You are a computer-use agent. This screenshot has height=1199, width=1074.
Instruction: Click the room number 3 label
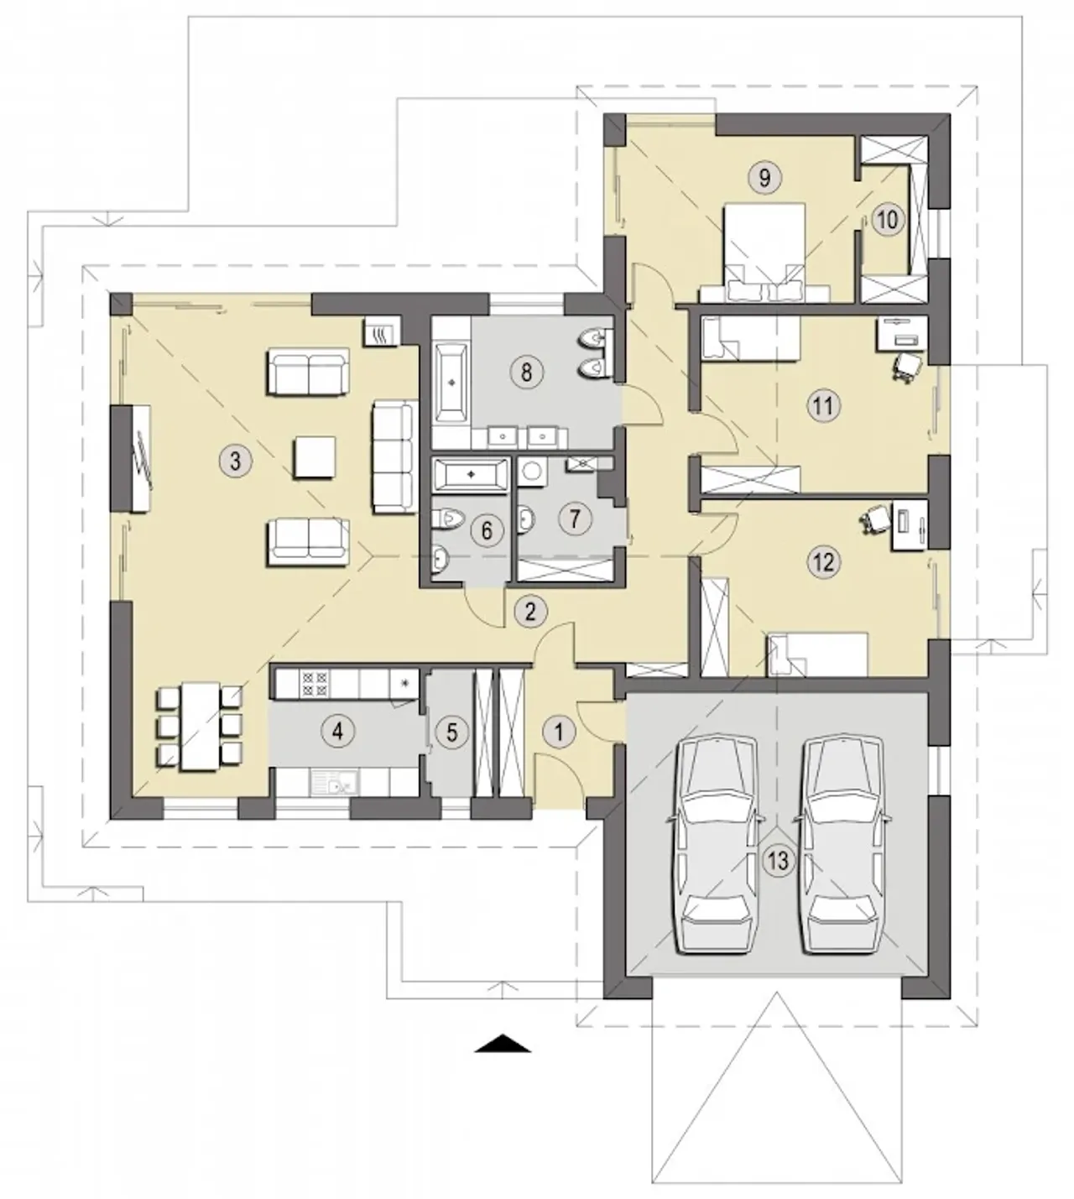point(236,460)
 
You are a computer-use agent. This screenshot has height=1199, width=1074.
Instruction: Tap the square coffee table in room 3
point(314,457)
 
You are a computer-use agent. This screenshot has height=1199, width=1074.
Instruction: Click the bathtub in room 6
point(471,474)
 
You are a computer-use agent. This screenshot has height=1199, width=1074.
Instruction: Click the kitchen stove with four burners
point(314,683)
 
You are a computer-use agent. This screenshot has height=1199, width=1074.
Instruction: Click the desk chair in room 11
point(908,368)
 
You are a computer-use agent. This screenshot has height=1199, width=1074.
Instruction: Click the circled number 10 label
point(888,220)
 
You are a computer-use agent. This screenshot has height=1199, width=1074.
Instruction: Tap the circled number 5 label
point(451,732)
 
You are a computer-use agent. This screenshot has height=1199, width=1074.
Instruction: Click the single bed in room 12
point(816,654)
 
